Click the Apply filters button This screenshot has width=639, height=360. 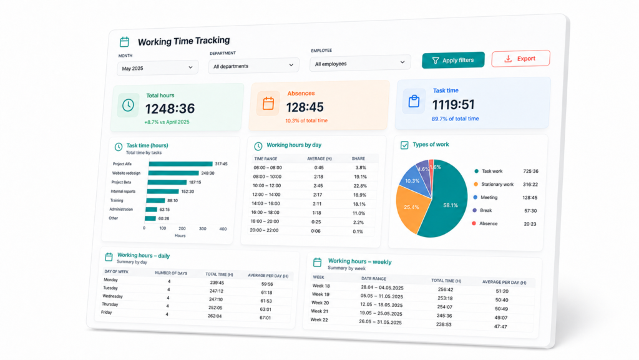point(453,61)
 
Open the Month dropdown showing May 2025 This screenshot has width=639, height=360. point(158,68)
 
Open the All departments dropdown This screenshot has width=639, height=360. point(253,66)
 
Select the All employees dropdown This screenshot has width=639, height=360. point(360,64)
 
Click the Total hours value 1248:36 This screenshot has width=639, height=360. point(170,109)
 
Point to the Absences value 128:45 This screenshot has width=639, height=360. point(305,107)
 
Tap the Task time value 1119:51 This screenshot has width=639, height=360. point(453,105)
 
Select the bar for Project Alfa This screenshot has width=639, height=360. point(180,163)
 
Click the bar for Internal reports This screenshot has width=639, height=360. point(163,192)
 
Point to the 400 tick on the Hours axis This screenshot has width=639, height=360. point(223,229)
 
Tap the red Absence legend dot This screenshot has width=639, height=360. point(474,223)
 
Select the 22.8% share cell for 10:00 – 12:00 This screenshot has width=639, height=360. point(360,186)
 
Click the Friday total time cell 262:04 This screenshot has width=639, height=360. point(215,316)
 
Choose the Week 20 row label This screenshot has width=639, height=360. point(320,303)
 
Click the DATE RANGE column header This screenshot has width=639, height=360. point(373,278)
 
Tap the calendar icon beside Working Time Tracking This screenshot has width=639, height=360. point(124,42)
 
